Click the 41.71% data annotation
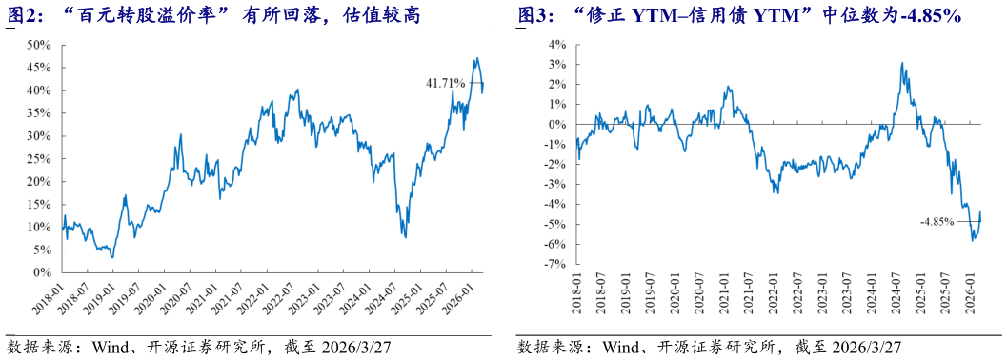[446, 84]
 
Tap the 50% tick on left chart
[40, 45]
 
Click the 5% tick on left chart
[43, 250]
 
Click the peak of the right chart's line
[901, 64]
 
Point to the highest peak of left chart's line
[475, 58]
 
